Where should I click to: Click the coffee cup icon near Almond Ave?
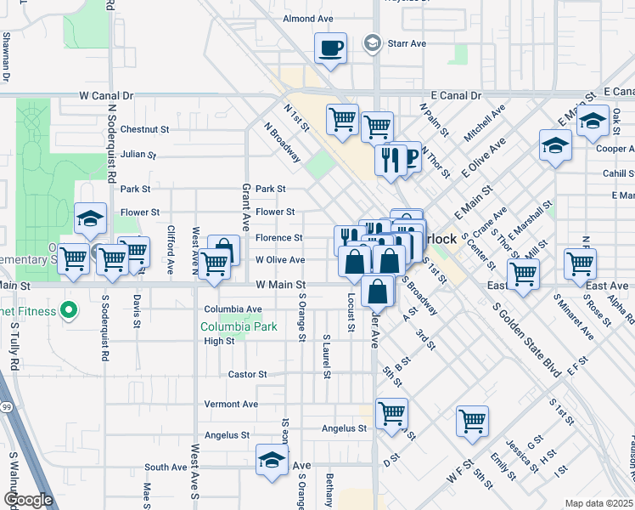[x=330, y=48]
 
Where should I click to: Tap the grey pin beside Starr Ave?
[x=371, y=42]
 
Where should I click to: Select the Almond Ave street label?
[x=308, y=19]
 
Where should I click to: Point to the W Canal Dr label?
[x=107, y=97]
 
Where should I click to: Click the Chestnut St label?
[x=145, y=130]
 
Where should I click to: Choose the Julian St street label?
[x=138, y=155]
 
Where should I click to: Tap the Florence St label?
[x=279, y=238]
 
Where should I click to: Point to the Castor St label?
[x=248, y=374]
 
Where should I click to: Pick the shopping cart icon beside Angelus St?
[x=391, y=415]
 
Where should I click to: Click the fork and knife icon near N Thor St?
[x=390, y=158]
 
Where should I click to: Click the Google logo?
[x=28, y=500]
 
